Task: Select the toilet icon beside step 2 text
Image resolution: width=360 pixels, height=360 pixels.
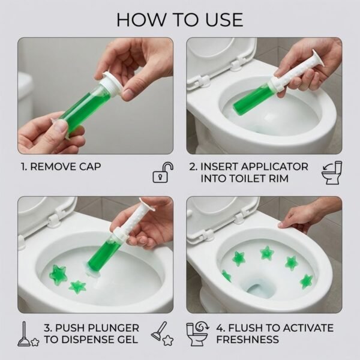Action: coord(331,173)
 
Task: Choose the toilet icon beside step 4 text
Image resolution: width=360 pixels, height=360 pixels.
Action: coord(197,333)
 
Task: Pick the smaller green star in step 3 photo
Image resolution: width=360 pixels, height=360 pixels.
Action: coord(77,287)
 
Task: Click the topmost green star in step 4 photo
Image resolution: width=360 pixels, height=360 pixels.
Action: coord(267,253)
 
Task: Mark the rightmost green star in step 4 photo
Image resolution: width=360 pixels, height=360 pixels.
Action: coord(307,280)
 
